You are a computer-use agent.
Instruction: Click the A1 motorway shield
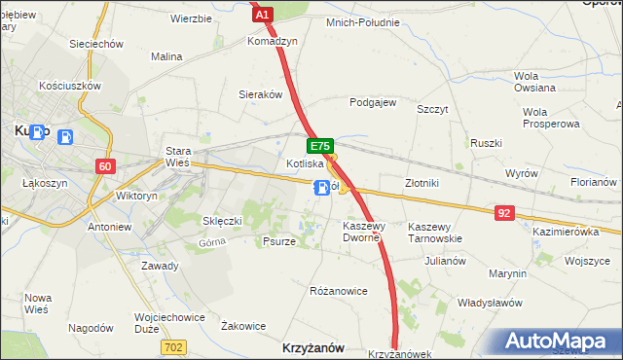coord(262,14)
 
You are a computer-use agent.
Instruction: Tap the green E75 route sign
coord(320,146)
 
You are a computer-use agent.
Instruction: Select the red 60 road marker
coord(106,166)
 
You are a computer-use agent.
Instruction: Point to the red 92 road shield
coord(503,211)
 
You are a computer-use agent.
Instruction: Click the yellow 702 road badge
coord(173,346)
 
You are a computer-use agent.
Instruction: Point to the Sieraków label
coord(260,95)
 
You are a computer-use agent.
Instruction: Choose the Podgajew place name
coord(373,102)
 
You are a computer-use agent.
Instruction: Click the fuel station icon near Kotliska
coord(320,189)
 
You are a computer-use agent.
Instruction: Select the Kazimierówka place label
coord(566,232)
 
